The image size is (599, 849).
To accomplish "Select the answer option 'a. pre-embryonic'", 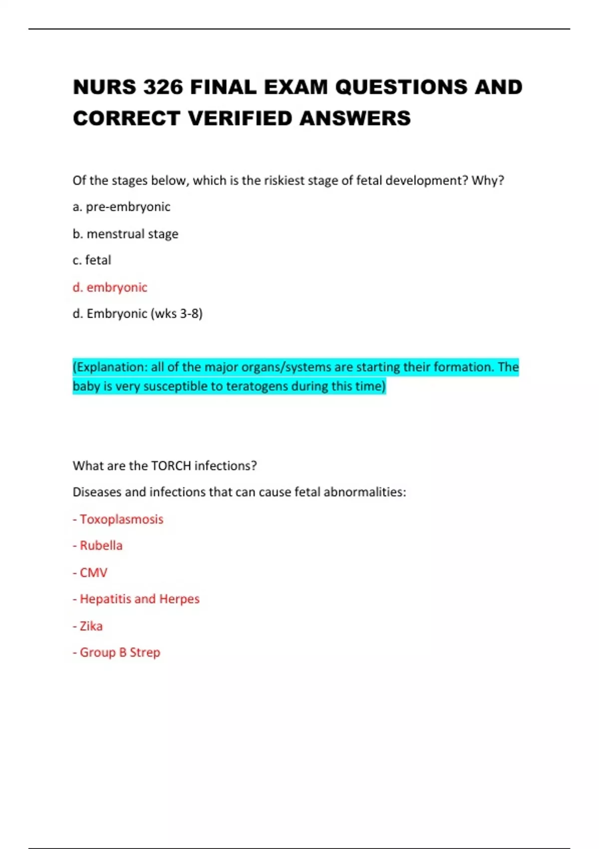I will click(121, 207).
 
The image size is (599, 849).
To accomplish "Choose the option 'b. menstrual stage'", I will click(125, 234).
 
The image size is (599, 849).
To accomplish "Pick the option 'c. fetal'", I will click(92, 260).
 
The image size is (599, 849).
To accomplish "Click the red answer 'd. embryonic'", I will click(110, 287).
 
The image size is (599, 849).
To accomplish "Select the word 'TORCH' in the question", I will click(171, 466).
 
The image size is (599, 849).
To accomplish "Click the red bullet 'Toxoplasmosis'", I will click(121, 519).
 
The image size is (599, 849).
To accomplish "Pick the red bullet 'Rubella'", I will click(101, 545).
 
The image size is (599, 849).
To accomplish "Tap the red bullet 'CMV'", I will click(93, 572).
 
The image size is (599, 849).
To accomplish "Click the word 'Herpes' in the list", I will click(179, 599).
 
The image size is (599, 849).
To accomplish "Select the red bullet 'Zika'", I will click(91, 626).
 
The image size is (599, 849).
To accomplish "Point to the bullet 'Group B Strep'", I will click(120, 652).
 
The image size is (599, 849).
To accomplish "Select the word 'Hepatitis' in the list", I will click(105, 599).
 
